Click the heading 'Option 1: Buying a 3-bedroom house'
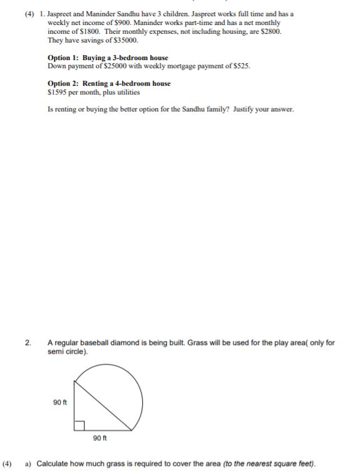[x=108, y=58]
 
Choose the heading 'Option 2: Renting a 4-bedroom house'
[x=109, y=83]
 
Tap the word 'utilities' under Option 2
[x=126, y=92]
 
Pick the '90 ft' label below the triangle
[x=100, y=438]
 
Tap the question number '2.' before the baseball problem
[x=28, y=343]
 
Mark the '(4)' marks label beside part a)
[x=8, y=464]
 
